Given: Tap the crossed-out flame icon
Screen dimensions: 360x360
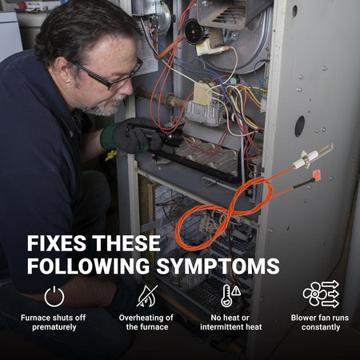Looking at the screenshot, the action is [147, 296].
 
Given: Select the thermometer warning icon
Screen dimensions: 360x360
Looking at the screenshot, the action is [230, 295].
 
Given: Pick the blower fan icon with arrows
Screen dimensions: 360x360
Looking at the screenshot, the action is [321, 294].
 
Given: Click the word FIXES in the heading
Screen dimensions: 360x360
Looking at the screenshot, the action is [56, 243].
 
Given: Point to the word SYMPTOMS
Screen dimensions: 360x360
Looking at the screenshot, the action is [218, 266].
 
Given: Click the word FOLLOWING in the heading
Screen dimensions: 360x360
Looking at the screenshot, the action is [88, 266].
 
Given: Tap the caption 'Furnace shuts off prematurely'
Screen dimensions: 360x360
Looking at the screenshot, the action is [54, 322].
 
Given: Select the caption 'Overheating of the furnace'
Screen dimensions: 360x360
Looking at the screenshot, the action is [146, 322].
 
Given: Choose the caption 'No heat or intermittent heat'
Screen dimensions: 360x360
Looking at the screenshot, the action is [231, 322].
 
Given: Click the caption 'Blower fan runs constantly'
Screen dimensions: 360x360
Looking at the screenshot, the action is [320, 322].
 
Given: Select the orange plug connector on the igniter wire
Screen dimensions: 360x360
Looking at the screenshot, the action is [316, 176].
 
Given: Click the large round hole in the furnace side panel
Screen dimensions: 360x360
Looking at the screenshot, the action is [300, 126].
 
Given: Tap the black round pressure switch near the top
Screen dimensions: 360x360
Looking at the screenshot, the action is [194, 31].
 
